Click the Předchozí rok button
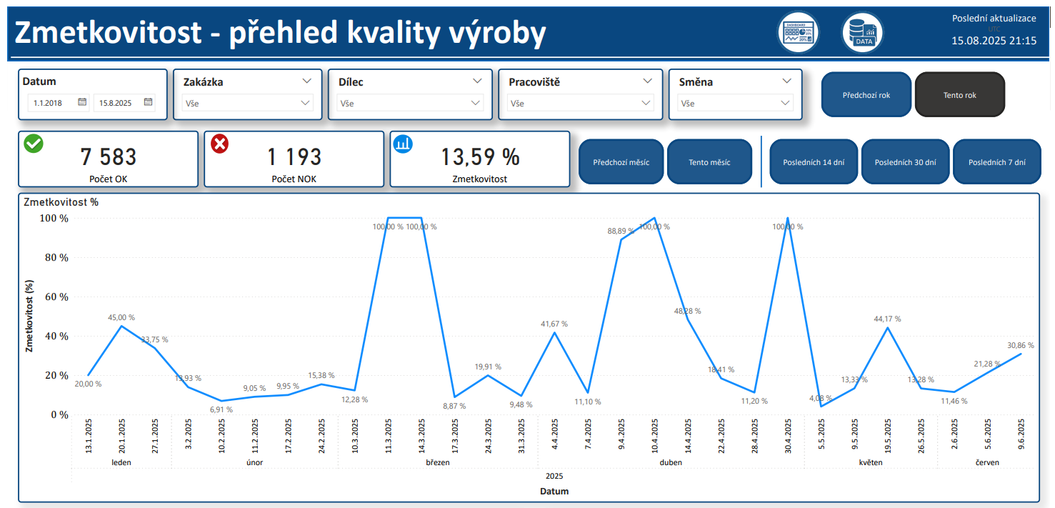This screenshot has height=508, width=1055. click(866, 95)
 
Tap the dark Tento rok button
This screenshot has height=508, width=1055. click(959, 95)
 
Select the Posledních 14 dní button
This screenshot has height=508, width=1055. click(814, 162)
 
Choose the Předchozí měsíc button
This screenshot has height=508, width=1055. click(621, 162)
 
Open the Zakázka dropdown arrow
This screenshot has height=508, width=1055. click(307, 81)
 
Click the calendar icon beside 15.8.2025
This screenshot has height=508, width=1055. click(148, 102)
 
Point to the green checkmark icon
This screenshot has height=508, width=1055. click(34, 143)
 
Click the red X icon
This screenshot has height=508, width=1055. click(220, 144)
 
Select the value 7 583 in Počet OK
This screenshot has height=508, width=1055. click(108, 156)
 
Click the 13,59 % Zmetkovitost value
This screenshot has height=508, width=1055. click(480, 156)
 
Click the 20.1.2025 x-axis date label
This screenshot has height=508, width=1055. click(123, 437)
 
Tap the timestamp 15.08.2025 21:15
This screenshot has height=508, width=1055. click(994, 41)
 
